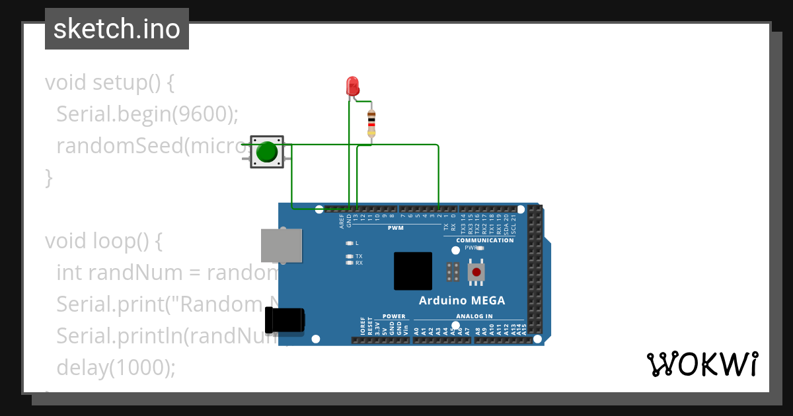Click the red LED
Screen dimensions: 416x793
(352, 86)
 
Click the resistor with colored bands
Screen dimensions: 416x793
(371, 123)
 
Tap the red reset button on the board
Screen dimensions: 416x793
(476, 271)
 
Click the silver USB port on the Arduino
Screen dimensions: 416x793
(282, 245)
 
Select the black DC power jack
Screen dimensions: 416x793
(285, 321)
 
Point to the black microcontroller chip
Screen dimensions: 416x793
(413, 271)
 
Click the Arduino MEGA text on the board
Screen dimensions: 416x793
(462, 301)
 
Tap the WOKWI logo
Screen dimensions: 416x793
(701, 364)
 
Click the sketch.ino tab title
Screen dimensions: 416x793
(117, 29)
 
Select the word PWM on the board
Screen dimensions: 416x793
(395, 228)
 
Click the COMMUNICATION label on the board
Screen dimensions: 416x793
(484, 240)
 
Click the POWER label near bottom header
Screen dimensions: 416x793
(394, 316)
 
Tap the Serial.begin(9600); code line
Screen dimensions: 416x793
(147, 114)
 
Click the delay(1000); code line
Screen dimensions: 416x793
(116, 367)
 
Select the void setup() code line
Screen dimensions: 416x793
(110, 83)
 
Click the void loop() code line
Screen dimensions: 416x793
(104, 241)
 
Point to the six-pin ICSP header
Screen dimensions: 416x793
(453, 271)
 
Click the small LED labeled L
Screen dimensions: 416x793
(350, 243)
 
